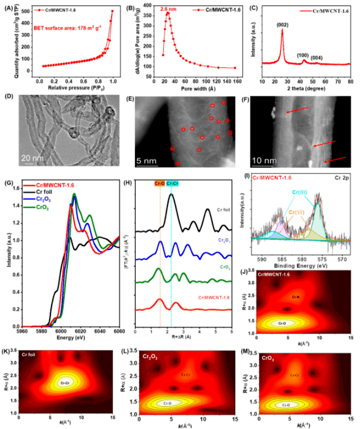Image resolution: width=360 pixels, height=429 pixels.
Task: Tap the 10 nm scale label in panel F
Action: pyautogui.click(x=264, y=161)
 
